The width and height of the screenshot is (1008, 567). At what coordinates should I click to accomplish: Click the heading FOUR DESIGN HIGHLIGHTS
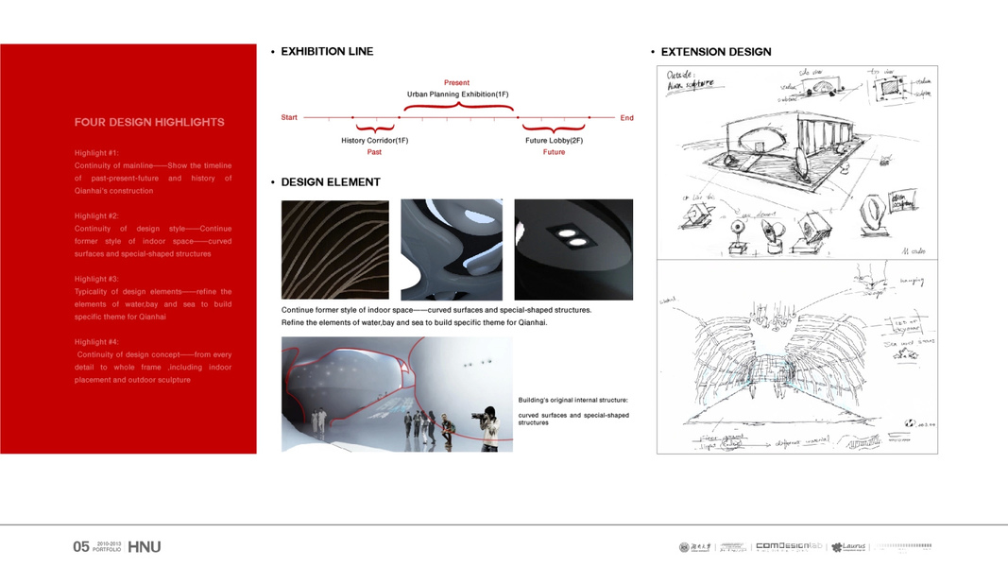149,122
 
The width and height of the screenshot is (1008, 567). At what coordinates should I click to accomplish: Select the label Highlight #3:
96,279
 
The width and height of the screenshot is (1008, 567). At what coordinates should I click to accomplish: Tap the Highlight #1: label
96,152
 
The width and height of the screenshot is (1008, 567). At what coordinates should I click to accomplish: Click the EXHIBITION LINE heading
327,52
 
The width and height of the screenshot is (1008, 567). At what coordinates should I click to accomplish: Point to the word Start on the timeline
289,118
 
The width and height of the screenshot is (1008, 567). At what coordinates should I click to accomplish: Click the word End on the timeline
626,118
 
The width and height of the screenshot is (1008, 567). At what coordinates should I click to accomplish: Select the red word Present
456,83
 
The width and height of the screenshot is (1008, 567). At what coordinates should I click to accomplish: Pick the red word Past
374,152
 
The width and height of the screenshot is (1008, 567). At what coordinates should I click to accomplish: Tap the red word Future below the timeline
554,152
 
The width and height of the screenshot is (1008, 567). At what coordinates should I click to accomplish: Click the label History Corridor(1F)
374,141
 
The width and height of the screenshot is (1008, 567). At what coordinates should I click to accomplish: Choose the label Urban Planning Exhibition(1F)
457,94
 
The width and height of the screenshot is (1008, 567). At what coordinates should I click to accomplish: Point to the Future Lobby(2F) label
554,141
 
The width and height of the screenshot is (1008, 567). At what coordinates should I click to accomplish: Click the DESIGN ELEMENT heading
331,182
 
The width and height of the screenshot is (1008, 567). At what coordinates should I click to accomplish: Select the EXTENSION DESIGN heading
715,52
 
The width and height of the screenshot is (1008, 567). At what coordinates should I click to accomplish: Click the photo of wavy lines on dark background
335,249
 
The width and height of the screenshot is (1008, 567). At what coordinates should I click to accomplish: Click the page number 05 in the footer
81,547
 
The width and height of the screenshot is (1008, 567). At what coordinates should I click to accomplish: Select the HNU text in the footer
144,547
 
